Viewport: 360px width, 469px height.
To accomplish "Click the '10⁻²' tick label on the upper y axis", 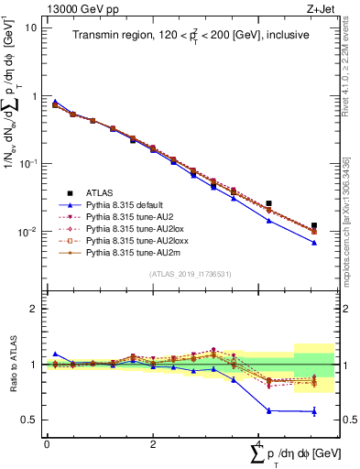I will coord(27,232).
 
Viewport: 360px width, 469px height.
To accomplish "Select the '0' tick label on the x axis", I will coord(46,443).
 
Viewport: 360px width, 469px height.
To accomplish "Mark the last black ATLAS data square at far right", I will coord(314,225).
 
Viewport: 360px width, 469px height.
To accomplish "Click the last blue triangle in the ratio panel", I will coord(314,412).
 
